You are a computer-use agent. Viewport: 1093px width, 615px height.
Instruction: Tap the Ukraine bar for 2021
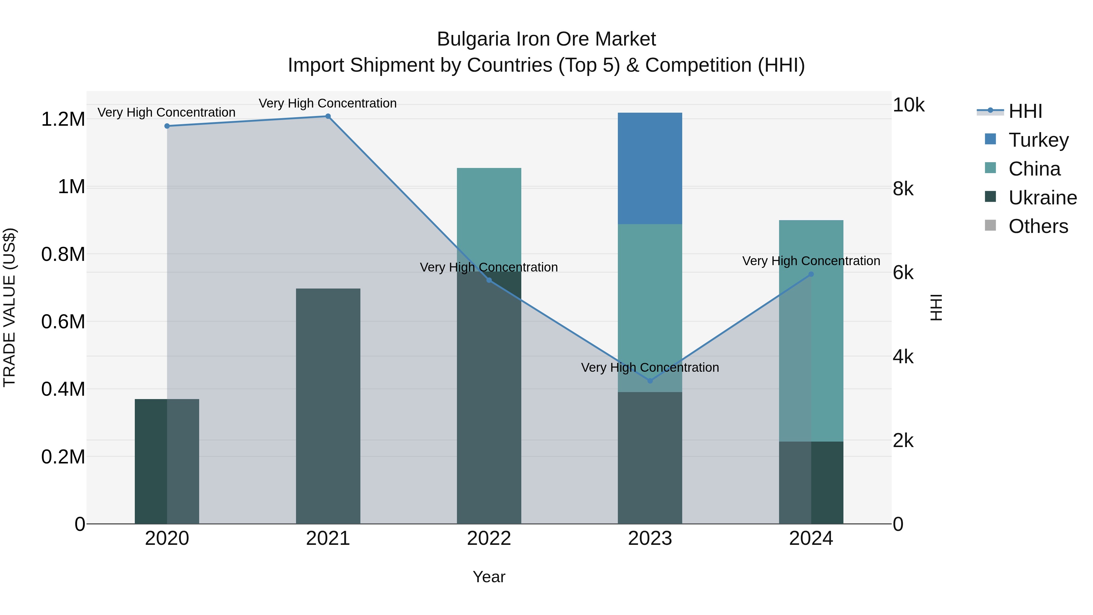pos(328,406)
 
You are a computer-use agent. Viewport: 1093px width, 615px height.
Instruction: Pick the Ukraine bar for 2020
pos(167,461)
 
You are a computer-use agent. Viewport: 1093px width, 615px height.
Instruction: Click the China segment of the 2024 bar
pos(811,331)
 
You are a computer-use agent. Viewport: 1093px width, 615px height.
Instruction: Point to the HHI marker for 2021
pos(328,116)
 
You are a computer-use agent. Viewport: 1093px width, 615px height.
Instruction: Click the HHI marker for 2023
pos(650,381)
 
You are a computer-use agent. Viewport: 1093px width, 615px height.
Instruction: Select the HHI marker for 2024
pos(811,274)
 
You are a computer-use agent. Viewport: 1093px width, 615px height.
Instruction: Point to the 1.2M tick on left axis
pos(63,119)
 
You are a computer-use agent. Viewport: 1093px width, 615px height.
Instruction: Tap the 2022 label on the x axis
pos(489,538)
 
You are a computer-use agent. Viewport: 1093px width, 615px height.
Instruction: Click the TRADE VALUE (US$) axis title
pos(9,307)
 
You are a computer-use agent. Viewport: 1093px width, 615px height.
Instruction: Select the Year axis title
pos(489,577)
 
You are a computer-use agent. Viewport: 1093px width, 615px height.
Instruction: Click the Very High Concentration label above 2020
pos(166,112)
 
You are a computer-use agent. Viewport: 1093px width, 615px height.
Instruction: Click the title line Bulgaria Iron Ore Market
pos(546,39)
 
